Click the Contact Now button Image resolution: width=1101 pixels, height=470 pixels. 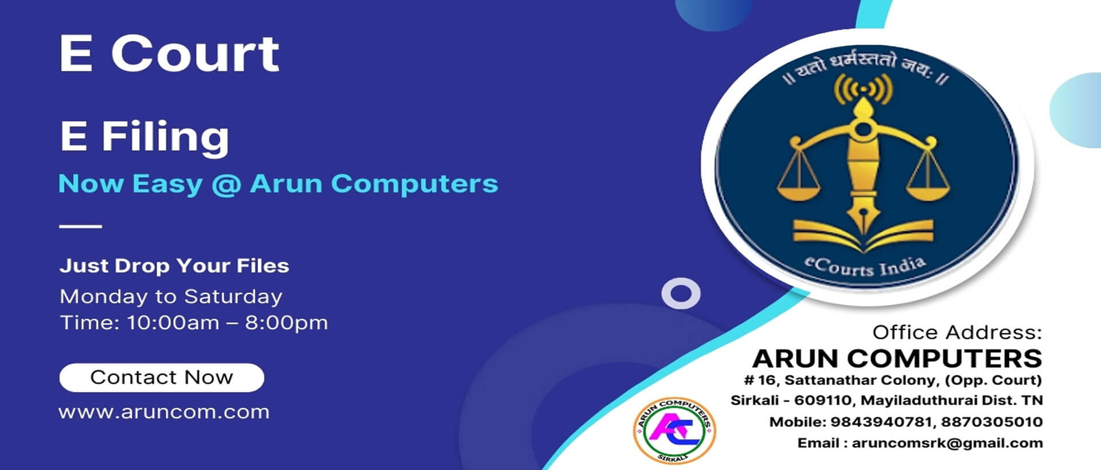point(162,378)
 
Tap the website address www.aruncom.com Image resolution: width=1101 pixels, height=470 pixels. point(164,412)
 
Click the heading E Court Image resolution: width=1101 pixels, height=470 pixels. point(169,53)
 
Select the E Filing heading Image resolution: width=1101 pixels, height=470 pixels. point(145,137)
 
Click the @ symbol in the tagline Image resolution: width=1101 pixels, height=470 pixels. point(226,185)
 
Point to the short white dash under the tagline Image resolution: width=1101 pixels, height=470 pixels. point(80,226)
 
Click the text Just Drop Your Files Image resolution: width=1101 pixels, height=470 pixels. point(174,266)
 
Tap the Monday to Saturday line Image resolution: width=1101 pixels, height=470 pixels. point(171,296)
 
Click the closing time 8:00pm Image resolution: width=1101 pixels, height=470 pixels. point(287,323)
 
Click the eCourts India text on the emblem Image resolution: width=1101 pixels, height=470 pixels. point(865,267)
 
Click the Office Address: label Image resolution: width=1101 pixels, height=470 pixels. point(957,332)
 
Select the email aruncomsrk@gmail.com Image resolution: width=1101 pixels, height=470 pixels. point(947,443)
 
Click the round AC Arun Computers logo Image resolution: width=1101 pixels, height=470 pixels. point(674,430)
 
